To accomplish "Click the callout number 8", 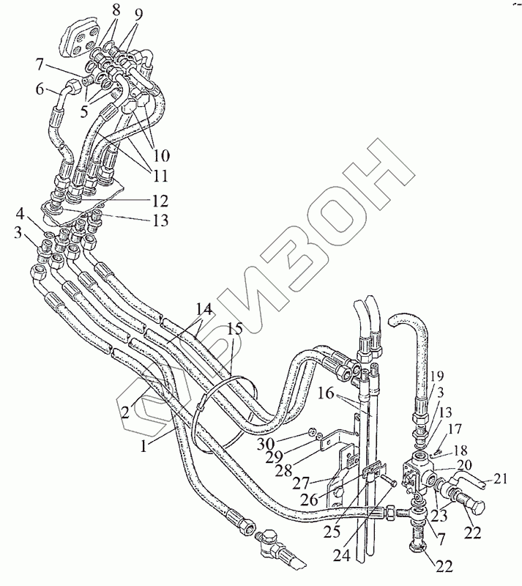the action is pos(114,10).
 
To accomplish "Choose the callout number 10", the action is pos(161,156).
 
